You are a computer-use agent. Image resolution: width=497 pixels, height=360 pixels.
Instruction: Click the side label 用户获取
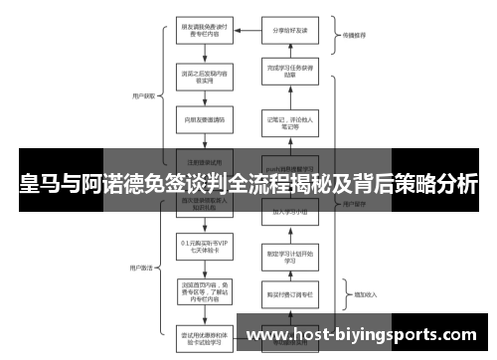coord(143,96)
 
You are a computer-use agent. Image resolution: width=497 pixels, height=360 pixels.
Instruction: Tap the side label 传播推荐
coord(355,35)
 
